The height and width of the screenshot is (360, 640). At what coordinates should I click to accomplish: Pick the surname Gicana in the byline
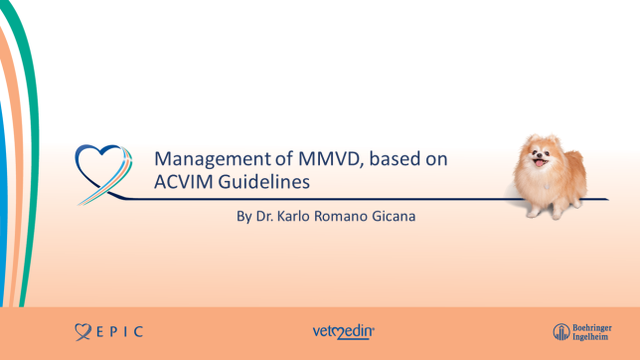(x=390, y=214)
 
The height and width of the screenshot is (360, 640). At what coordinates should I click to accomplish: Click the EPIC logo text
(x=120, y=331)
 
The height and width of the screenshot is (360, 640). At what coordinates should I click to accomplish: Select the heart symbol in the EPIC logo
(x=82, y=331)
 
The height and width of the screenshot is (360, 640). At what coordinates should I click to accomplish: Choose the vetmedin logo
(x=343, y=331)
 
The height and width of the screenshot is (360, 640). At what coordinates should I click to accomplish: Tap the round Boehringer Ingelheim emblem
(x=561, y=331)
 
